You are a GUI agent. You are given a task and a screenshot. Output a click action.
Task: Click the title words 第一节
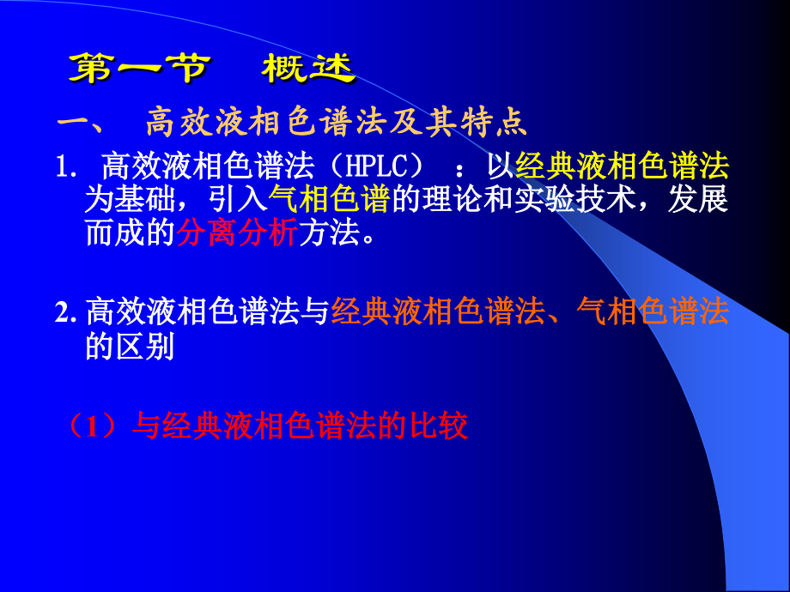[x=137, y=68]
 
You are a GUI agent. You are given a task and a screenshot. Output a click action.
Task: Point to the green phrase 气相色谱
[x=330, y=199]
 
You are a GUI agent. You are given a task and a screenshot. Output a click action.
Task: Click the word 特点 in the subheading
[x=497, y=123]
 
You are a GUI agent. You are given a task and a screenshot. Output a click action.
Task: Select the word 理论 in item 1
[x=453, y=199]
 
